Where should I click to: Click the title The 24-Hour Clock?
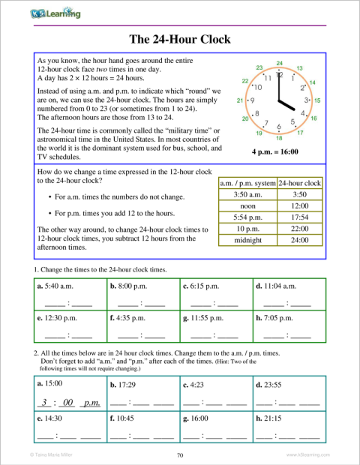(180, 39)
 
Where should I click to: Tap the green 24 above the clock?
(279, 63)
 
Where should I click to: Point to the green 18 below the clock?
(279, 139)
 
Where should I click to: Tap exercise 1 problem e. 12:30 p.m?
(58, 317)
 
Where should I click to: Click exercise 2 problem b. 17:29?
(124, 385)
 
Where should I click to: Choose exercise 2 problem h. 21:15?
(271, 416)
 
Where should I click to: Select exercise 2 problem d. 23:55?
(271, 385)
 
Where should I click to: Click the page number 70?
(180, 454)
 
